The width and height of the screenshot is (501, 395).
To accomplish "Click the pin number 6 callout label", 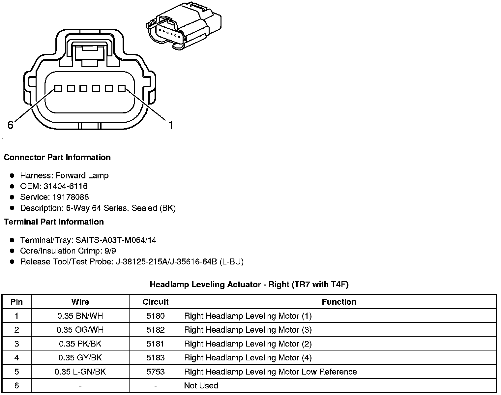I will (10, 125).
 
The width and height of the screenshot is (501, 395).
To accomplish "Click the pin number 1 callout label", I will (170, 125).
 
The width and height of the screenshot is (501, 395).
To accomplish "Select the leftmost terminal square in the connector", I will (58, 88).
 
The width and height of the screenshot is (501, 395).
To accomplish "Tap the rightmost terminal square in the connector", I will (122, 88).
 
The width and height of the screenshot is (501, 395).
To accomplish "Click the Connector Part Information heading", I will (57, 157).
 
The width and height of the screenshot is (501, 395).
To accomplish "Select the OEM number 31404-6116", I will (65, 186).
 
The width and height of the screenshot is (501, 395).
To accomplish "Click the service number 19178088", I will (71, 197).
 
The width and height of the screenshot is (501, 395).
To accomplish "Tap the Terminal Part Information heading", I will (54, 222).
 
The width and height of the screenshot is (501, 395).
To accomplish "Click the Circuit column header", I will (155, 302).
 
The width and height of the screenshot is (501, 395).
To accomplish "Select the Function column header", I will (339, 302).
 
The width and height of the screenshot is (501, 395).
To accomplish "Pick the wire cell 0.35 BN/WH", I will (80, 316).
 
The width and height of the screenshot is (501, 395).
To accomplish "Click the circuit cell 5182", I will (155, 330).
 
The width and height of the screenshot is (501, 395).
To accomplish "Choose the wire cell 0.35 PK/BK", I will (80, 344).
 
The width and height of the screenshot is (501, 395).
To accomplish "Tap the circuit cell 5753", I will (155, 372).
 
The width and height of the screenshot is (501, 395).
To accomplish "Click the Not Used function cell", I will (201, 385).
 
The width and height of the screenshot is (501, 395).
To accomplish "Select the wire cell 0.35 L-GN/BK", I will (80, 372).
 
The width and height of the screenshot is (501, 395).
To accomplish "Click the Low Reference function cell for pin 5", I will (270, 372).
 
